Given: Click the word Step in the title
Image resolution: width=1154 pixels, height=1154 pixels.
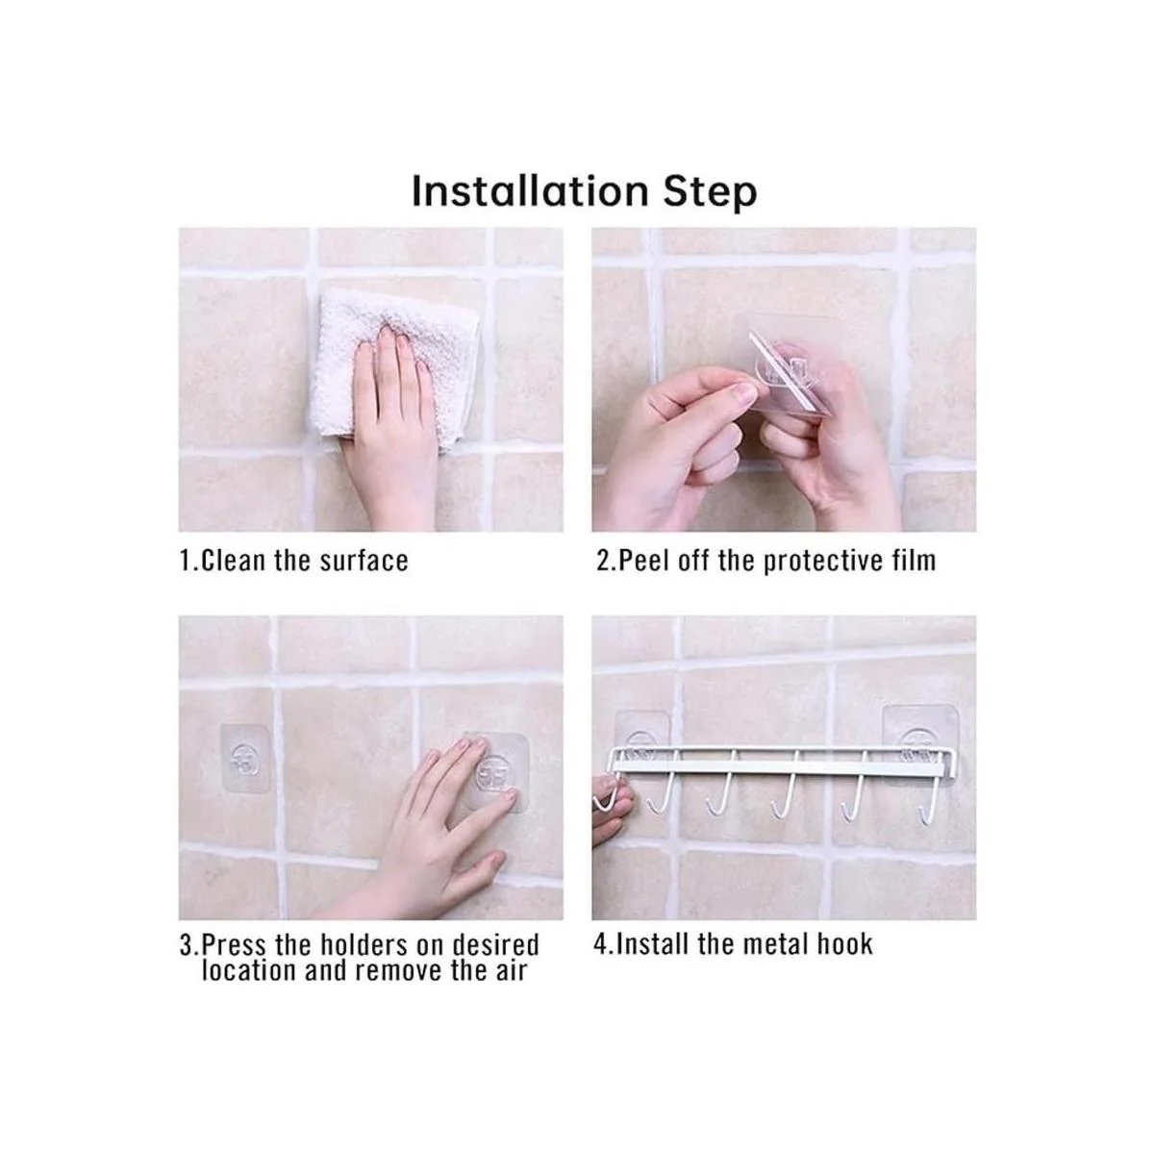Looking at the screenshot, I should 710,192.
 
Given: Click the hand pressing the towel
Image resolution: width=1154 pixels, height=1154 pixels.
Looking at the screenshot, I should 389,423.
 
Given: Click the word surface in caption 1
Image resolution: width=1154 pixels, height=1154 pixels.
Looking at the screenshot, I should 364,561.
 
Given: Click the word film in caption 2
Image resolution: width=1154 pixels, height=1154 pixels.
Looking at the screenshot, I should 911,561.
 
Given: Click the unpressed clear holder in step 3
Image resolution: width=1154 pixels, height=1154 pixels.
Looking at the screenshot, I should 244,760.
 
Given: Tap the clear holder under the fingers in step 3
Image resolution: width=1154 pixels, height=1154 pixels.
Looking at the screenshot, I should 495,774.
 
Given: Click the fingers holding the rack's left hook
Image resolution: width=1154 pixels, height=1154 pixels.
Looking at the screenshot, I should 608,808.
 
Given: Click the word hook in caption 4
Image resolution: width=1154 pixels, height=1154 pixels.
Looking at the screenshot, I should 845,944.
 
